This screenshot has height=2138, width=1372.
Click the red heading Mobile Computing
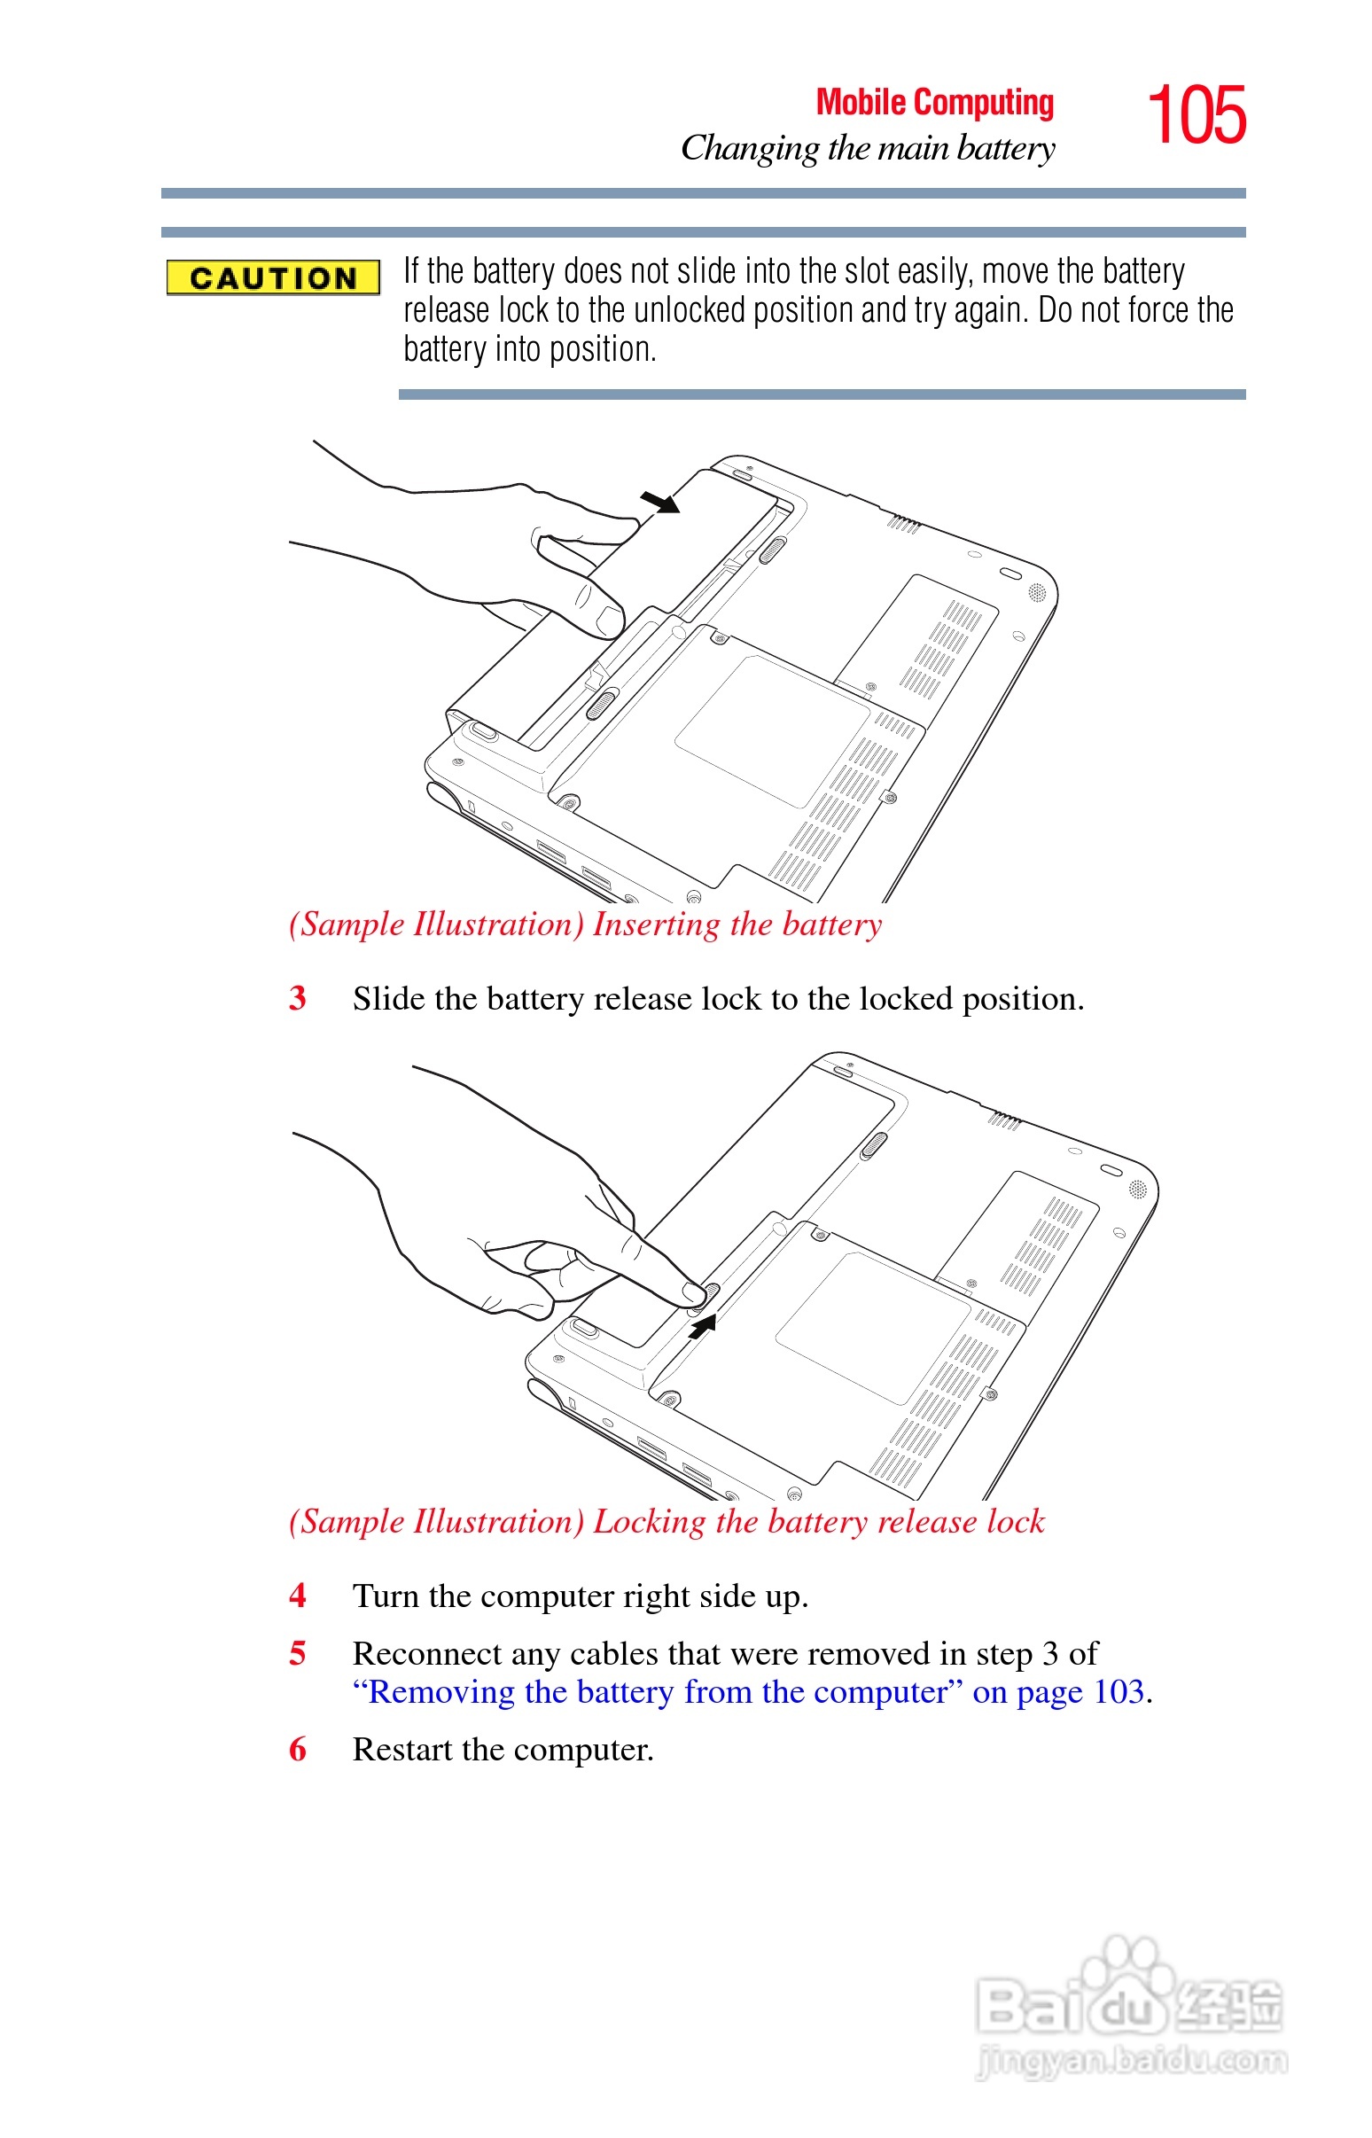tap(934, 103)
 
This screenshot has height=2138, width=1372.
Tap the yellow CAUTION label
tap(274, 278)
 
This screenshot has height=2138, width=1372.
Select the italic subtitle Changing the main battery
tap(868, 149)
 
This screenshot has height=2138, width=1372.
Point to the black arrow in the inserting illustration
tap(660, 503)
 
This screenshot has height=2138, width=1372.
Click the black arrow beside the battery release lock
tap(703, 1325)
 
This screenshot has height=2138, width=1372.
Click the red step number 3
tap(298, 998)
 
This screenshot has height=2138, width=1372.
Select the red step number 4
tap(298, 1595)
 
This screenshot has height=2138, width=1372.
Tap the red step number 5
tap(298, 1652)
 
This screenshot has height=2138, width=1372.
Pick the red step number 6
tap(298, 1749)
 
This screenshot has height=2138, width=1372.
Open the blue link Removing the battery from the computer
tap(658, 1691)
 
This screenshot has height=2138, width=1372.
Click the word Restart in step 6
tap(402, 1750)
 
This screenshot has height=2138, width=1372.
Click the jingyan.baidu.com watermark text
tap(1132, 2060)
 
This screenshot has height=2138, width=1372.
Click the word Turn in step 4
tap(385, 1596)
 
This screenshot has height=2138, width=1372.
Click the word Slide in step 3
tap(388, 999)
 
